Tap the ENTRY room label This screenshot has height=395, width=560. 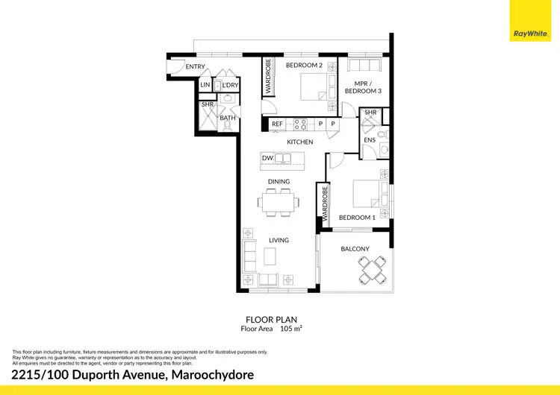click(x=195, y=67)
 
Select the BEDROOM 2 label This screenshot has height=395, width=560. click(x=304, y=66)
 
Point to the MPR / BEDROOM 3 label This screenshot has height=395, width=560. click(x=362, y=86)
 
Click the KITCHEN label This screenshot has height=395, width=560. click(x=300, y=142)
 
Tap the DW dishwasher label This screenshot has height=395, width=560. click(x=267, y=157)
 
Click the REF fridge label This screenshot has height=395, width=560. click(x=276, y=124)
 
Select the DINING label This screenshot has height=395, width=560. click(x=279, y=181)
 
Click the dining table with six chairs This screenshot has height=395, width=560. click(x=279, y=200)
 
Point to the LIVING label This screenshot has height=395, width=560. click(x=279, y=240)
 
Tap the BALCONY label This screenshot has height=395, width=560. click(x=355, y=249)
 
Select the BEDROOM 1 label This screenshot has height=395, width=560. click(x=355, y=218)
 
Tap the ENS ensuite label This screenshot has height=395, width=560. click(x=369, y=139)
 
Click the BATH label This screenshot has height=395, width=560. click(x=228, y=118)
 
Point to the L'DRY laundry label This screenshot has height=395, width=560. click(x=230, y=86)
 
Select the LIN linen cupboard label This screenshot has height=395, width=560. click(x=205, y=86)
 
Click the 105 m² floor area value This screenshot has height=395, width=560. click(x=290, y=328)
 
